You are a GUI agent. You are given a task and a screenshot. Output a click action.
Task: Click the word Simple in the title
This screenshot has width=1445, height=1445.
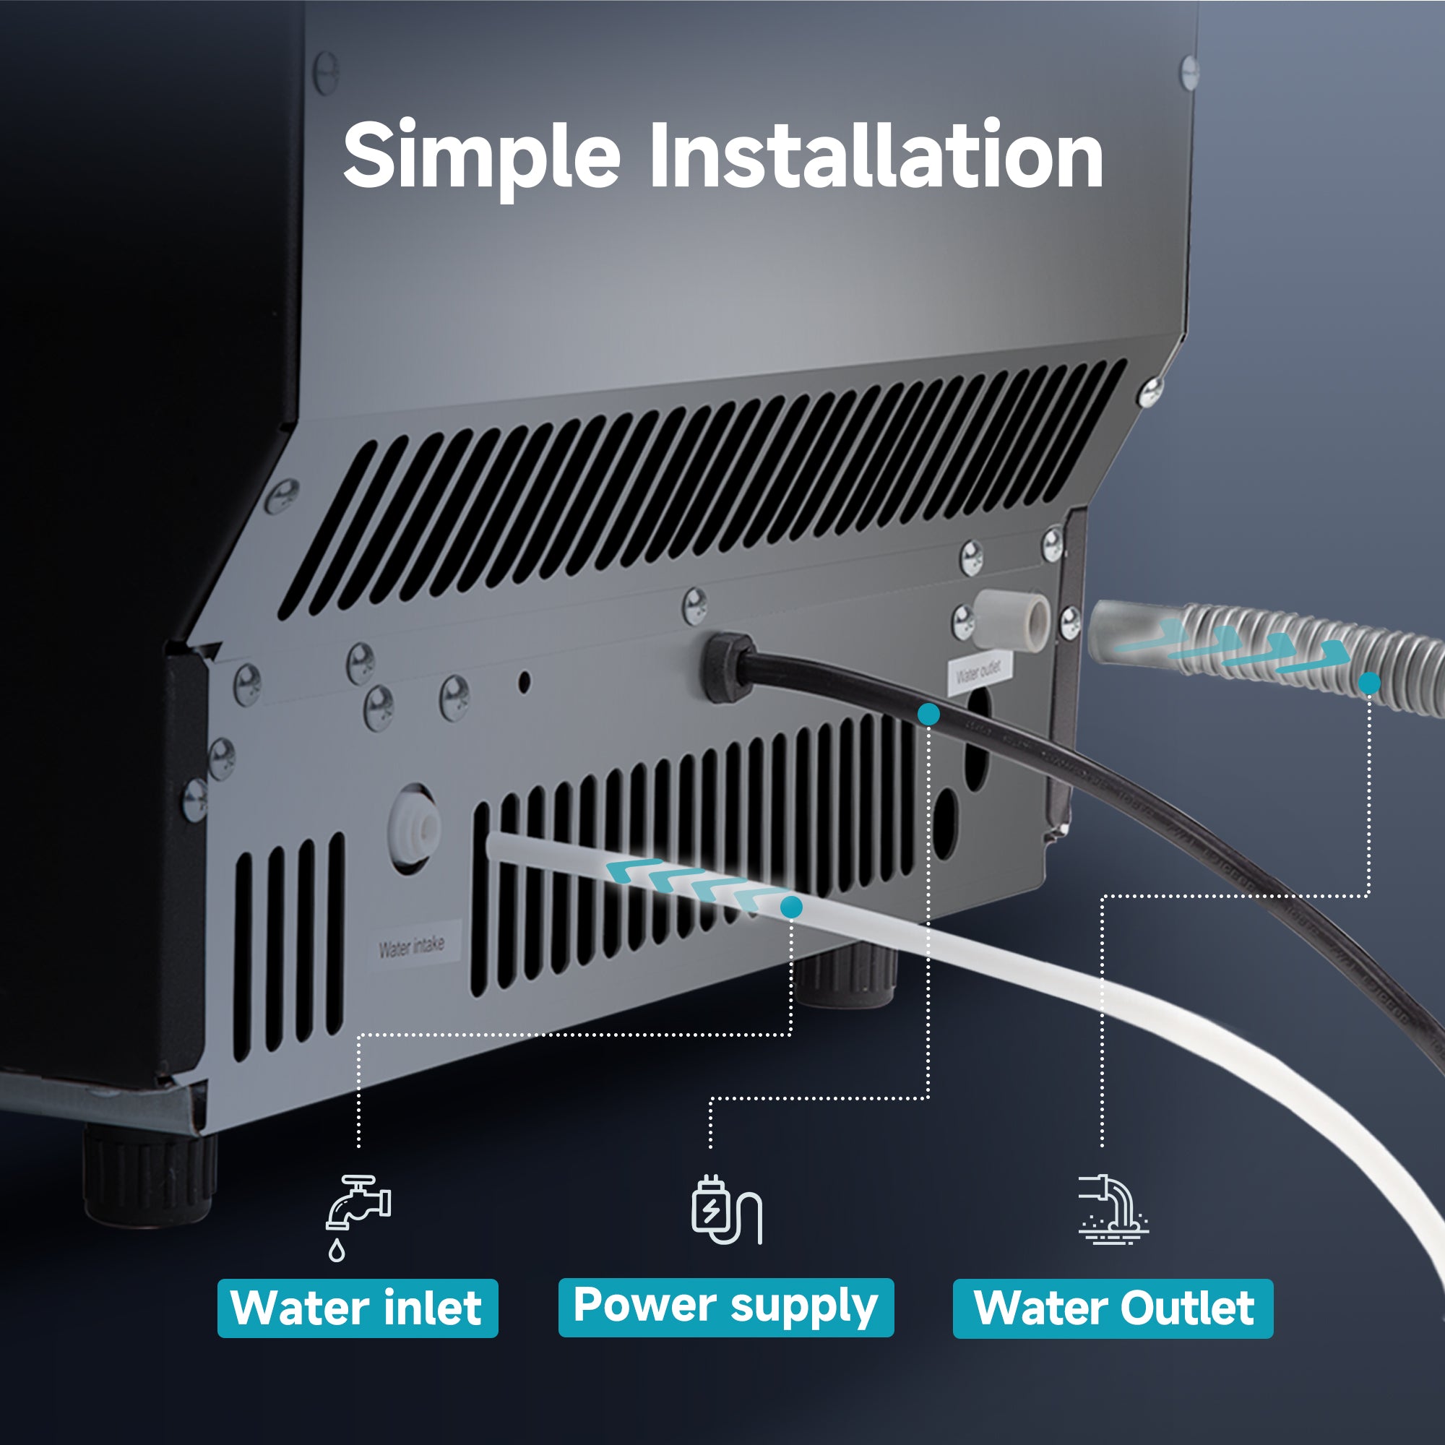point(481,155)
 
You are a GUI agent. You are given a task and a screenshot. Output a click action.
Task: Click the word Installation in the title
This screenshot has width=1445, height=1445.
point(876,155)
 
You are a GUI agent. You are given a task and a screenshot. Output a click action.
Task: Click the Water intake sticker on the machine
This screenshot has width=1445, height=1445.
point(411,947)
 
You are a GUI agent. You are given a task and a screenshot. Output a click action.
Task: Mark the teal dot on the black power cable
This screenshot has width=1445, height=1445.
point(928,715)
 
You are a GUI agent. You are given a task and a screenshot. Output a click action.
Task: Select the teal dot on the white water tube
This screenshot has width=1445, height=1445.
point(791,907)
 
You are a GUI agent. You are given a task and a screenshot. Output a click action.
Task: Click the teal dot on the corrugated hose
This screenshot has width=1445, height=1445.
point(1369,682)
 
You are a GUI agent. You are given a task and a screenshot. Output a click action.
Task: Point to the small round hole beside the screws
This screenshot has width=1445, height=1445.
point(525,681)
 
